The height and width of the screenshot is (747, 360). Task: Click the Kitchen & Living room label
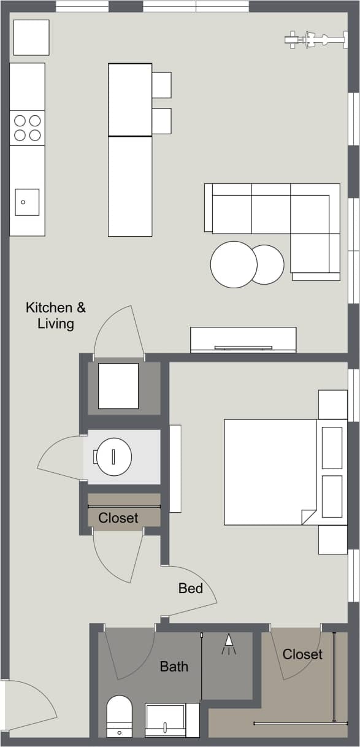point(56,315)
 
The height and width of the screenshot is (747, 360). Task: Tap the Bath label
point(174,666)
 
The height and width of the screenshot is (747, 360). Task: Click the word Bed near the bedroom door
point(191,588)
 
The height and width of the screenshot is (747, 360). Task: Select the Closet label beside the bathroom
point(302,654)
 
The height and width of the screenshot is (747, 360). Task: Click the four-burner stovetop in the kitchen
point(28,128)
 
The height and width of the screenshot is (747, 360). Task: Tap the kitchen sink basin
point(27,202)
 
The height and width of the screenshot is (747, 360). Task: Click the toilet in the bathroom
point(119,716)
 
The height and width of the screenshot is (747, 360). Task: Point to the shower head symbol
point(229,642)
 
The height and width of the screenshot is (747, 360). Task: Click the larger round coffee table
point(233,264)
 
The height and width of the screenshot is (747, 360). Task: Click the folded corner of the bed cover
point(308,517)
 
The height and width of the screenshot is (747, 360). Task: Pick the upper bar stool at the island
point(161,85)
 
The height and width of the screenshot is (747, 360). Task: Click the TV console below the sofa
point(243,340)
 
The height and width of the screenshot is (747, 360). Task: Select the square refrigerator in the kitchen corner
point(31,37)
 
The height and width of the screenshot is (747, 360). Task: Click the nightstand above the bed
point(333,404)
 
